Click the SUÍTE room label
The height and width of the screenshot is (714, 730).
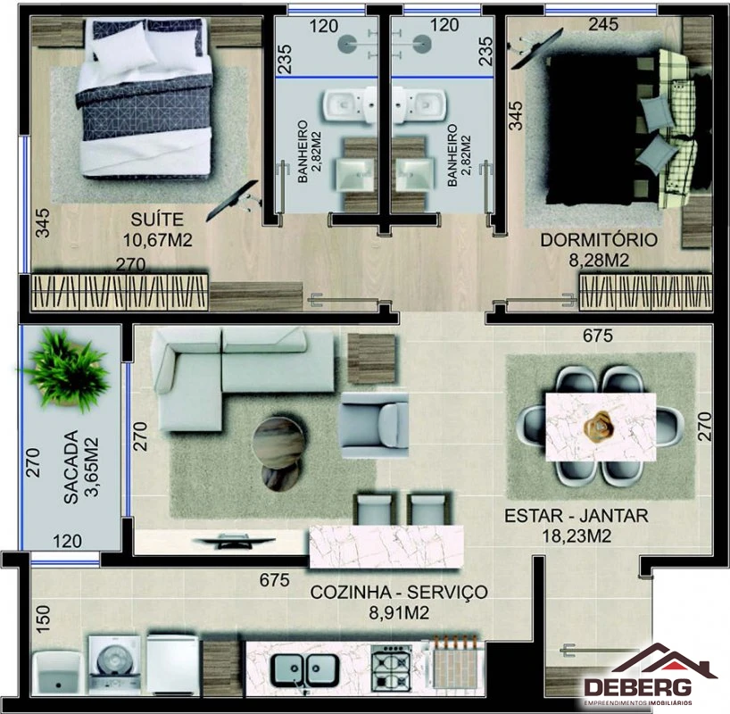[x=157, y=220]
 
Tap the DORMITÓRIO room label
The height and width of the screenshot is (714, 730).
[x=599, y=240]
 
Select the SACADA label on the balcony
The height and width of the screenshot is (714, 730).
[x=71, y=467]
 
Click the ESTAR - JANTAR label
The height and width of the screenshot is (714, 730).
[x=577, y=516]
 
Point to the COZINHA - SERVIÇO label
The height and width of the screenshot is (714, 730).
[x=399, y=592]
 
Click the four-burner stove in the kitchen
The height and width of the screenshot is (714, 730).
[x=391, y=668]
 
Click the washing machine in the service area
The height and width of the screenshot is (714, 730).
[x=114, y=662]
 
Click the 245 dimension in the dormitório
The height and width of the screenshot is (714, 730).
[x=603, y=24]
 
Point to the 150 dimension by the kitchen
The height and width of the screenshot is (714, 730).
[x=43, y=619]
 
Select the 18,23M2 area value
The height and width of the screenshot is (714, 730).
[x=577, y=536]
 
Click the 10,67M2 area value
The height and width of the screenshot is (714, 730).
[x=157, y=240]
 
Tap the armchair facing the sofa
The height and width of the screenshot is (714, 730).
[x=375, y=425]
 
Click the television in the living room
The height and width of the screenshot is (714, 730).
[x=234, y=541]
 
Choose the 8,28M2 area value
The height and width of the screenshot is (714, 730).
[x=599, y=261]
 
